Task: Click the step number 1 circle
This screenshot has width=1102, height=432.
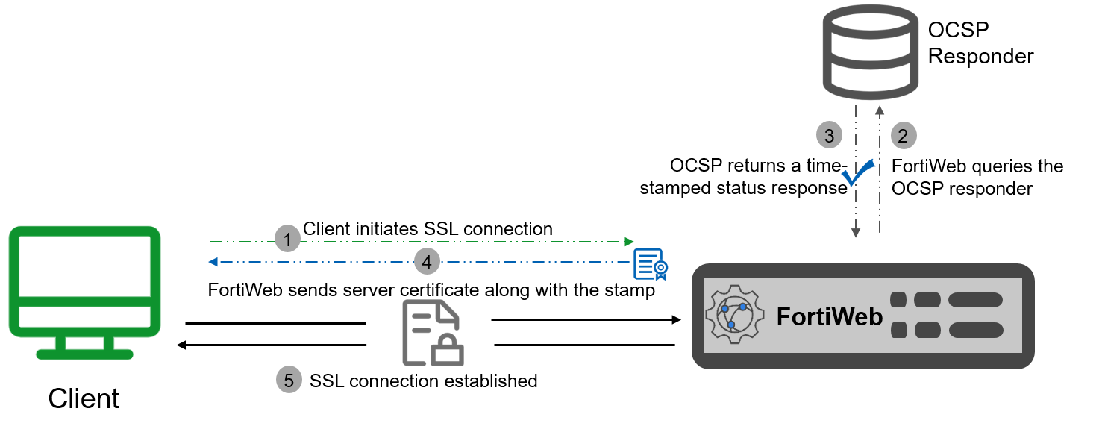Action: (x=287, y=240)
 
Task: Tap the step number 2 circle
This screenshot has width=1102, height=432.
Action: (x=903, y=136)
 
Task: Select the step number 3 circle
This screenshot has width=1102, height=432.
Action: (x=829, y=136)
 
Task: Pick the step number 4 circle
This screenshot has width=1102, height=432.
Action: (x=427, y=262)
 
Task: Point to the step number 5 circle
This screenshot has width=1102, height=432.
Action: (x=289, y=380)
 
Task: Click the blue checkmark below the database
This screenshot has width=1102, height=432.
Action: (x=857, y=175)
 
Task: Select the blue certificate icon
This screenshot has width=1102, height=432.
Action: (x=650, y=264)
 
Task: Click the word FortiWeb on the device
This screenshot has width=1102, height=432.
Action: (x=829, y=317)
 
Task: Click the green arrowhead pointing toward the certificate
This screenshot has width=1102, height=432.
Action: (x=629, y=241)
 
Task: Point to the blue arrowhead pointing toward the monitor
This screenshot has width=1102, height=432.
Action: (x=213, y=262)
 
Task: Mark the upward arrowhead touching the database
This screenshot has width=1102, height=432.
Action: (x=880, y=110)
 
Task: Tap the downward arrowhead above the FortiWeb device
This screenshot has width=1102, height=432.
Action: (x=856, y=234)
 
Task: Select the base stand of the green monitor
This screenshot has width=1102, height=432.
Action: (x=85, y=354)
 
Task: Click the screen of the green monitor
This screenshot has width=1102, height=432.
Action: (x=84, y=266)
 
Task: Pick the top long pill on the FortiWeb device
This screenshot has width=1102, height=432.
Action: (x=975, y=300)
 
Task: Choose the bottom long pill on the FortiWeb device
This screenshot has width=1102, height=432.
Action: (x=975, y=330)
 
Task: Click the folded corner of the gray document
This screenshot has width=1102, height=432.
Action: (x=450, y=312)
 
